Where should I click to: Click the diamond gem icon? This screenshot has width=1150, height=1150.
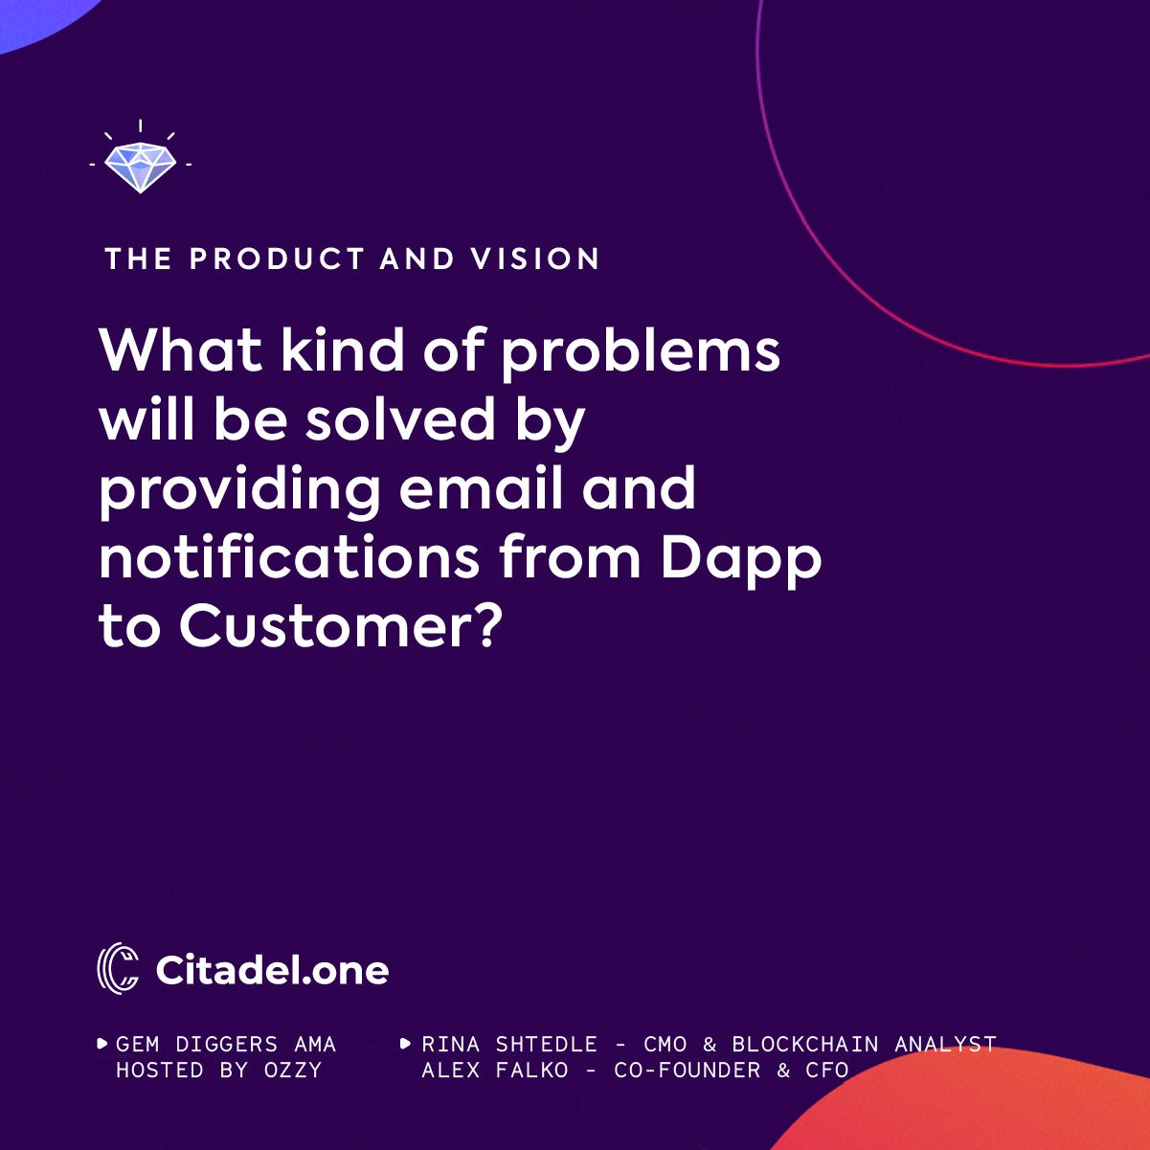[x=140, y=167]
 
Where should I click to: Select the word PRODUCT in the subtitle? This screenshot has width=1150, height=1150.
[x=277, y=259]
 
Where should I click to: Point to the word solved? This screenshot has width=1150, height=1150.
[x=400, y=419]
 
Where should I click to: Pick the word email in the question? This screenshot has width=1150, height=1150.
[x=481, y=488]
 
